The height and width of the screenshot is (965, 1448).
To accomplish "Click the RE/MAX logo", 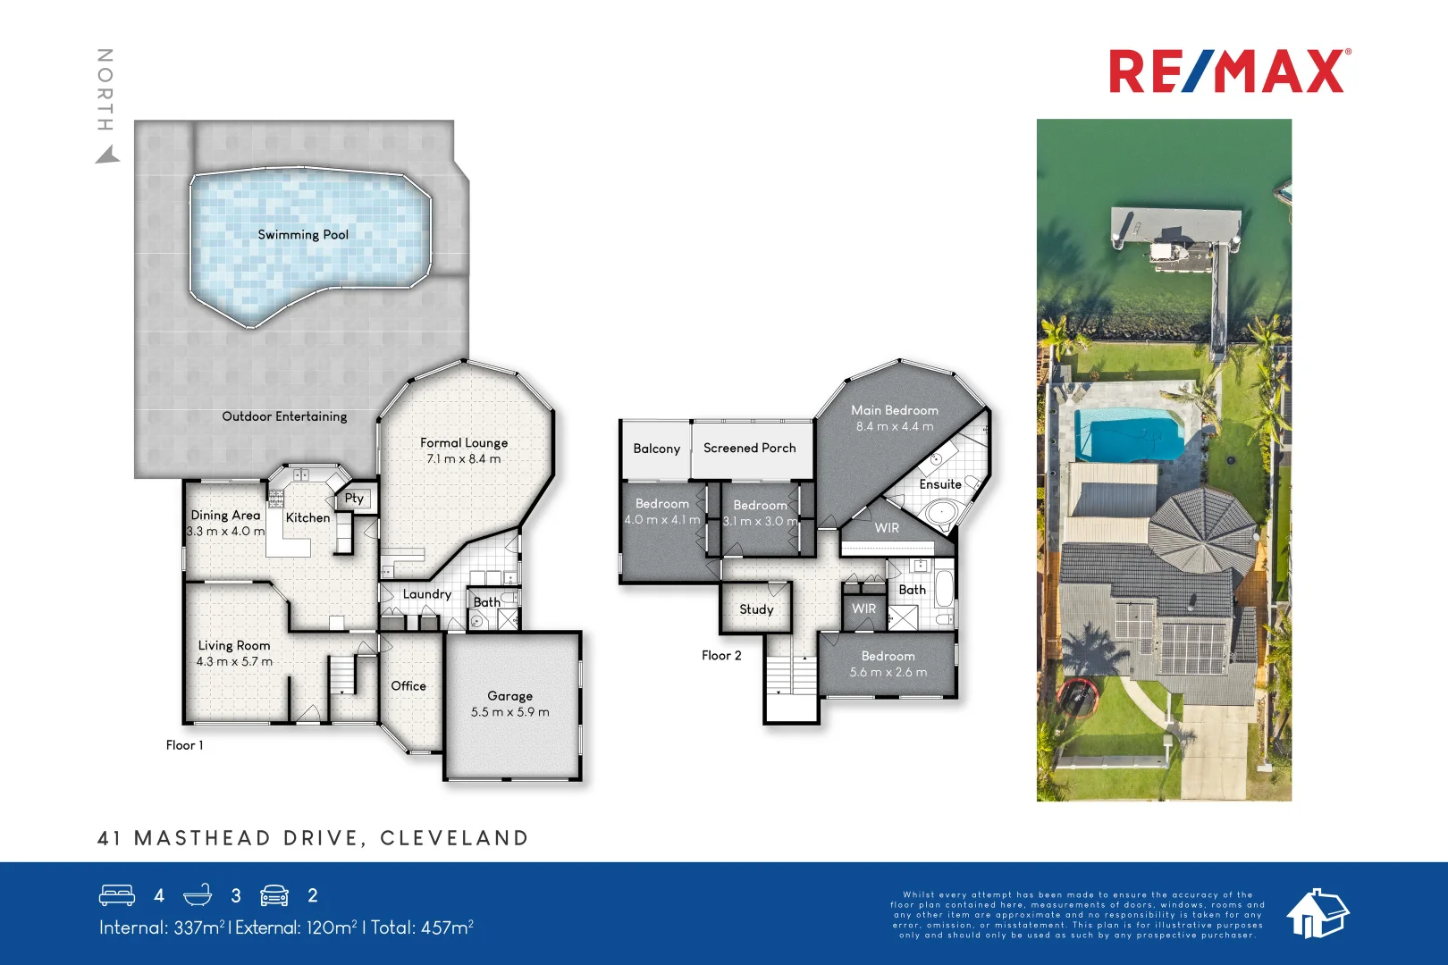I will (x=1229, y=71).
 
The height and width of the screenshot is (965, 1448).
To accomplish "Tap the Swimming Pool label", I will (x=303, y=235).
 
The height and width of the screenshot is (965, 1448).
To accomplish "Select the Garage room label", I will (x=509, y=696).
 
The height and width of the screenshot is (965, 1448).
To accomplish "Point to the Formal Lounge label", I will (x=464, y=443).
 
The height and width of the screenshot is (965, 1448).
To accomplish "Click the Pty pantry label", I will (x=354, y=499).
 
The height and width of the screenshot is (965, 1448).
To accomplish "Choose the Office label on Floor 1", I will (x=408, y=686).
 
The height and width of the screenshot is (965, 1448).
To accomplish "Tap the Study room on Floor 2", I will (x=756, y=609).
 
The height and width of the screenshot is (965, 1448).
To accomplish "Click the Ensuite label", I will (x=940, y=484).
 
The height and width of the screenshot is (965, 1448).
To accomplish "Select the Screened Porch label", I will (x=749, y=449).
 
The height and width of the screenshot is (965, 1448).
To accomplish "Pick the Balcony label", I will (x=656, y=449).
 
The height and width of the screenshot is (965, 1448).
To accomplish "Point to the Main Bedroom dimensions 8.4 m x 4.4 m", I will (x=894, y=427).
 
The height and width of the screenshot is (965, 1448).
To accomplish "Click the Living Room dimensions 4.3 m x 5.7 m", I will (x=234, y=662).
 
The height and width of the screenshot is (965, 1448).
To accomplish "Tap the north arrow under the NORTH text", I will (x=107, y=156).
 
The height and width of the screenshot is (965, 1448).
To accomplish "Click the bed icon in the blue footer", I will (x=117, y=895).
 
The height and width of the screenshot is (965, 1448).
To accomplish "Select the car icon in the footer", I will (x=274, y=895).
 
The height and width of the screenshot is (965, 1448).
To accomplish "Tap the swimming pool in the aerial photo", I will (x=1128, y=435).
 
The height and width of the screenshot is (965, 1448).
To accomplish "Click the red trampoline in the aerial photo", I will (x=1076, y=696).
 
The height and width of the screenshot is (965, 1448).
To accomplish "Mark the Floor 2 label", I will (x=721, y=656).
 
